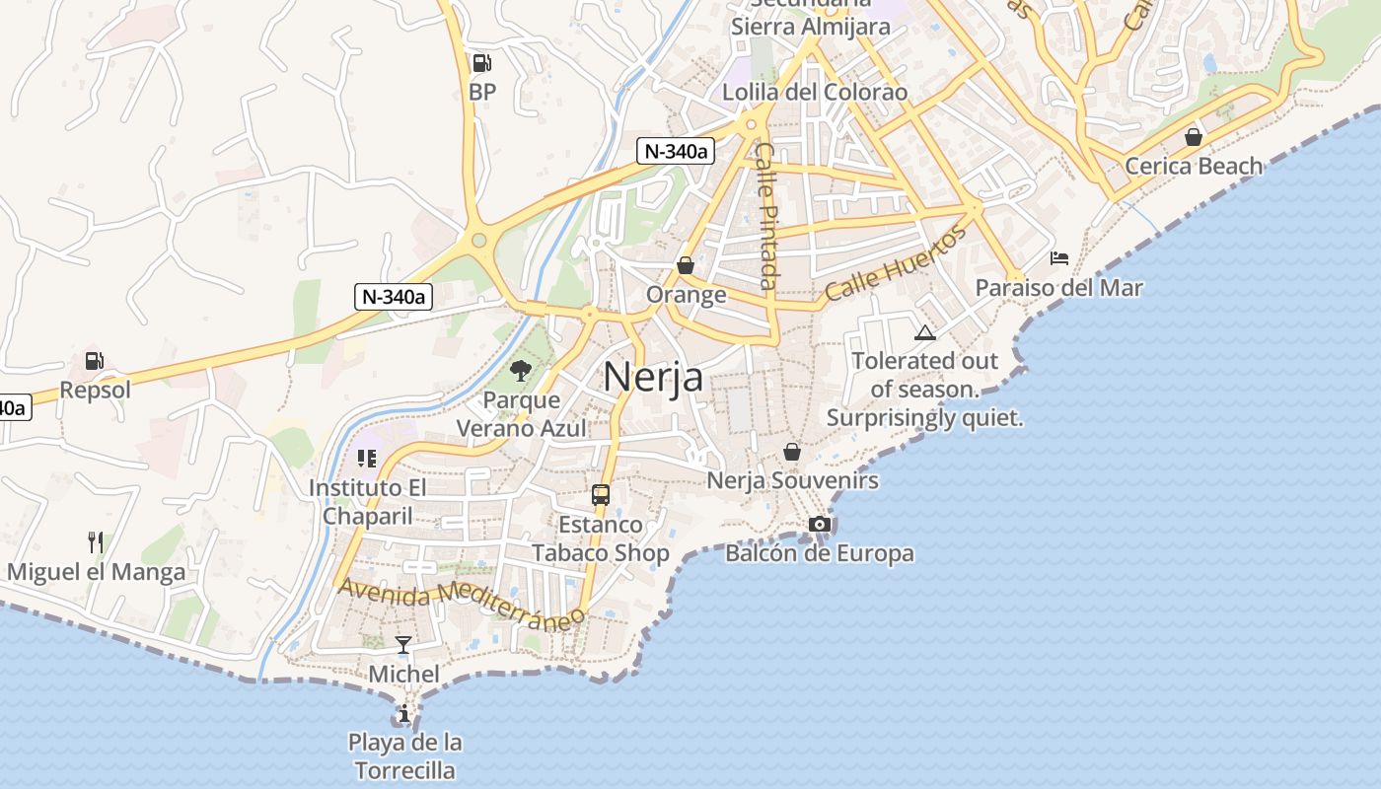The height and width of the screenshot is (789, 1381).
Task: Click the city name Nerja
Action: point(653,377)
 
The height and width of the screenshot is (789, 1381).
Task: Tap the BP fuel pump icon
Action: point(481,63)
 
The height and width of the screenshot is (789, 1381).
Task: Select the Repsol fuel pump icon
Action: point(94,361)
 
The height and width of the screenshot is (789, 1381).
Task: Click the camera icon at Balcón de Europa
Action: point(819,524)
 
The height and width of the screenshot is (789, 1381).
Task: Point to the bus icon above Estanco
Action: point(601,494)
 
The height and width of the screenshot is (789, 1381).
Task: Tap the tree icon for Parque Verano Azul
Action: point(520,371)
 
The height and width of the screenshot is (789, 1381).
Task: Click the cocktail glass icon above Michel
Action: point(403,645)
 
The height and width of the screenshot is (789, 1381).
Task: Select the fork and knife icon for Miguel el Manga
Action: point(96,541)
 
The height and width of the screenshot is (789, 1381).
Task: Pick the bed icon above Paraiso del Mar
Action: point(1059,258)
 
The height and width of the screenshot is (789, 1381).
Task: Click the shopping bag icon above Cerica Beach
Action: point(1194,136)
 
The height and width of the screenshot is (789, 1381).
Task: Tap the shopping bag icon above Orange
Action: point(686,265)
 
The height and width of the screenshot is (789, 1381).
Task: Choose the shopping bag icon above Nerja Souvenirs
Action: point(791,452)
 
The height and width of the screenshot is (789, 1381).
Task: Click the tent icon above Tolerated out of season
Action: point(924,332)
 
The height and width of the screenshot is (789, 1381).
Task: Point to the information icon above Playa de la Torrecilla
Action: point(403,713)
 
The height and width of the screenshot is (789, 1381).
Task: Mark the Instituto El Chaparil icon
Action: point(367,458)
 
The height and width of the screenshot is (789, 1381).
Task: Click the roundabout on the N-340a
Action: point(479,241)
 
